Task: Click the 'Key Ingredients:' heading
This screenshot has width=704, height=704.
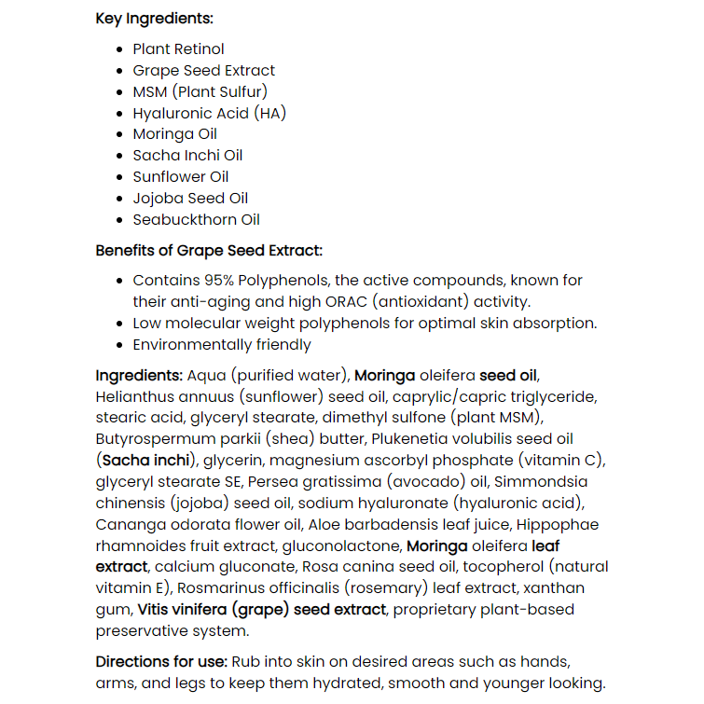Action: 154,19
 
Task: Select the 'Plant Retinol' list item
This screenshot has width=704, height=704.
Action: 178,49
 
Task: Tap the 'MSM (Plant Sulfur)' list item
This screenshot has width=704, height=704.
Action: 200,91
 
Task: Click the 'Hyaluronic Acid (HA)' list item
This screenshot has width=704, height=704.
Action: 209,113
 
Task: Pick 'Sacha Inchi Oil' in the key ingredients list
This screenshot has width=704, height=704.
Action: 187,156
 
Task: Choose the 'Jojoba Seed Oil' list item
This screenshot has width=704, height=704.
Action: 190,199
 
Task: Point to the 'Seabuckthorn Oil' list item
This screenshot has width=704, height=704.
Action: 196,220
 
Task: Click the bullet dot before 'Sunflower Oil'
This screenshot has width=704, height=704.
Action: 119,177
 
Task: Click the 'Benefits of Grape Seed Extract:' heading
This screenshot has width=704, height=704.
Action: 209,251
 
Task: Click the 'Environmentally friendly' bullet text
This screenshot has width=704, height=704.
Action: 222,345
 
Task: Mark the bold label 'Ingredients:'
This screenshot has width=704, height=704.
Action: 139,376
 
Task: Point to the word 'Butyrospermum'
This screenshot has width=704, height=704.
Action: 153,439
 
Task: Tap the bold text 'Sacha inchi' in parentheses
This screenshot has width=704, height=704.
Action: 146,461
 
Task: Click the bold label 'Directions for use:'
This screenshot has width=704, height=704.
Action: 160,662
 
